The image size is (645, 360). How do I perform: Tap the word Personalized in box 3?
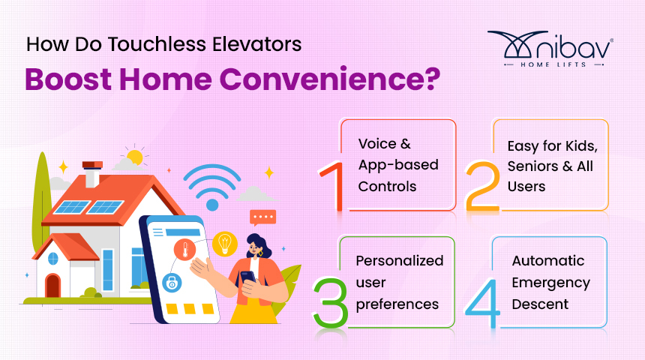399,260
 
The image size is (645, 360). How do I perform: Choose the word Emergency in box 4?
550,282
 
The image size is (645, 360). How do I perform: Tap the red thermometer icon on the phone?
183,250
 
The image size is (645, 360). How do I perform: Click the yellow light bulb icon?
223,242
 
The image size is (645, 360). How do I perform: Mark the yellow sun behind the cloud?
135,157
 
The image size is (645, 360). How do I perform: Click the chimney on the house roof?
92,173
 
